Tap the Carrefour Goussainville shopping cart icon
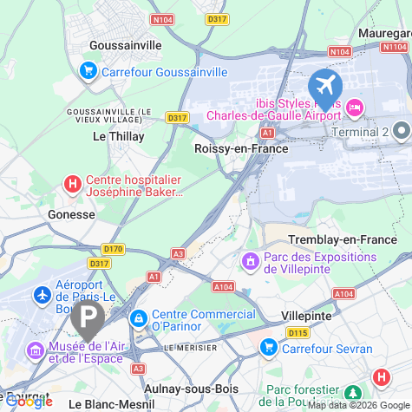coord(88,71)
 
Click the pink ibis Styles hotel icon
coord(354,108)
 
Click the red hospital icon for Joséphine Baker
coord(73,184)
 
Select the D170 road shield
coord(114,249)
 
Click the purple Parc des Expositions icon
coord(251,259)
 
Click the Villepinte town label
coord(306,316)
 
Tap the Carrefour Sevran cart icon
coord(268,348)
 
